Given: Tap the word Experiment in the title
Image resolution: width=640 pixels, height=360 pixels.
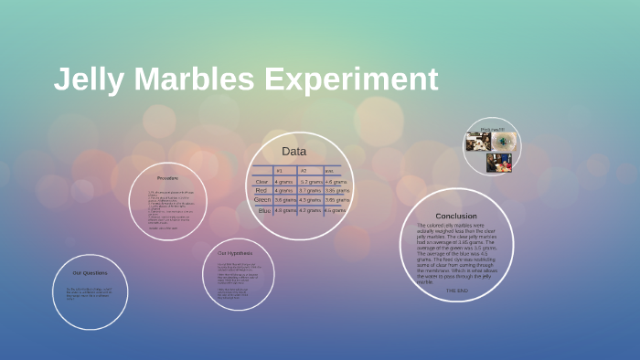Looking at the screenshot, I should click(352, 79).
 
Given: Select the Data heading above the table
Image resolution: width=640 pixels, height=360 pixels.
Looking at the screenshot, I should click(293, 151).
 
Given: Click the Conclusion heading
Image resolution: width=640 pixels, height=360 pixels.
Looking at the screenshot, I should click(455, 216).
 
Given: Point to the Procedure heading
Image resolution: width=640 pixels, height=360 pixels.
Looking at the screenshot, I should click(167, 177).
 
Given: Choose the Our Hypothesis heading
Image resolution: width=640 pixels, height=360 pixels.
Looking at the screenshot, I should click(235, 252).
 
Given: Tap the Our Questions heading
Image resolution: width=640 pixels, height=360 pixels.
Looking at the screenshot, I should click(90, 272).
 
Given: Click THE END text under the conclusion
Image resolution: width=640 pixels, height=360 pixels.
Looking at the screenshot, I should click(456, 290).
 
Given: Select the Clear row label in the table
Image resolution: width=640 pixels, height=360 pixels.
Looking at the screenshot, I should click(261, 182).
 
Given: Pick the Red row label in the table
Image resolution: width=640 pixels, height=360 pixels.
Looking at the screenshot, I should click(261, 190).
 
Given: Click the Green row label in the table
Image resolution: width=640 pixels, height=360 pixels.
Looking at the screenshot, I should click(261, 199).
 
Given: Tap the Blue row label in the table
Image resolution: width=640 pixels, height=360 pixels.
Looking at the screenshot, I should click(264, 210).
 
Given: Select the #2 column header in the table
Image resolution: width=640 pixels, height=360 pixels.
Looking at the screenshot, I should click(304, 171).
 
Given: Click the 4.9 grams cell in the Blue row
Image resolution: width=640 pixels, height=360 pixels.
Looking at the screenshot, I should click(285, 210).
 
